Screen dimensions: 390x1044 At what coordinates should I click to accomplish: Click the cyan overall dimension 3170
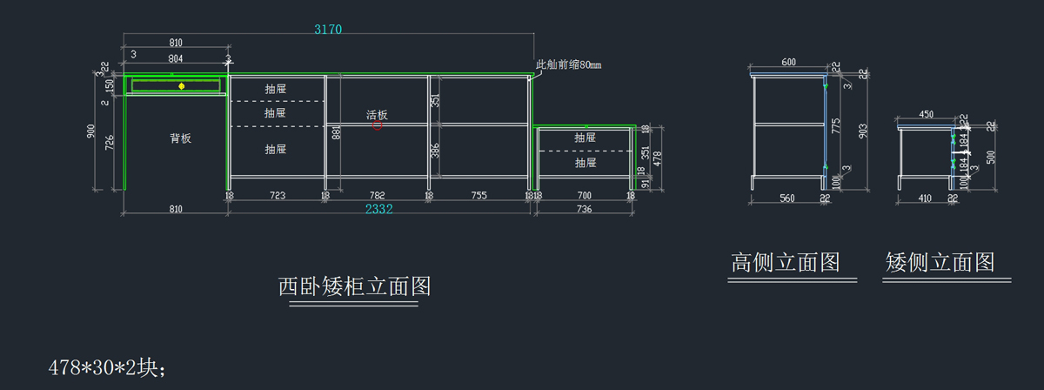pos(328,29)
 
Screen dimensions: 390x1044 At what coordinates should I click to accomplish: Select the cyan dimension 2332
pos(378,209)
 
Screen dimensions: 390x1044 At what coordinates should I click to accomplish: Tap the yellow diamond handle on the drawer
pos(181,86)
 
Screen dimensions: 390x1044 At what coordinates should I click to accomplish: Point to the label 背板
pos(180,138)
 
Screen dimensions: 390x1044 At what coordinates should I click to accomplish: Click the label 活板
pos(377,115)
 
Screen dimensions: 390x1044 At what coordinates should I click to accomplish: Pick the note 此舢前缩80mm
pos(569,64)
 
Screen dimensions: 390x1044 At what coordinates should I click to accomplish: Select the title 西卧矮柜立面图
pos(354,286)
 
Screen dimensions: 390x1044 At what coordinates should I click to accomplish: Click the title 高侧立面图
pos(785,263)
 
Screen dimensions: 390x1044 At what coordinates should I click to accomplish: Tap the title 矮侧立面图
pos(940,263)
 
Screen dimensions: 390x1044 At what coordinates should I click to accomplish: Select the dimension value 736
pos(584,209)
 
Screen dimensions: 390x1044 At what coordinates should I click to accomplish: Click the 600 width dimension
pos(788,63)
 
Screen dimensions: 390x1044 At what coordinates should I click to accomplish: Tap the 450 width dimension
pos(926,115)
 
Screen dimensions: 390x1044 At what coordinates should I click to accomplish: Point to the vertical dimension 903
pos(863,131)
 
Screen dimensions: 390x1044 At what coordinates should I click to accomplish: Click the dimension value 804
pos(175,59)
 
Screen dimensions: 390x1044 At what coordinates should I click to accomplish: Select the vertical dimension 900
pos(90,131)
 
